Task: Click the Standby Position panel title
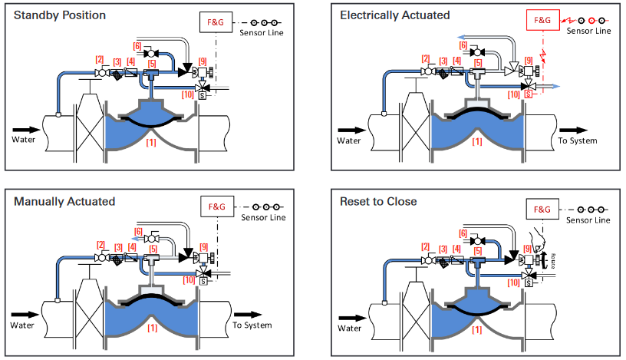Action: [59, 15]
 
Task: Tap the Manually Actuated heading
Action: [64, 201]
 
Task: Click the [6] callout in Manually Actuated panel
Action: [138, 231]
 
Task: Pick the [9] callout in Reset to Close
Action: [527, 249]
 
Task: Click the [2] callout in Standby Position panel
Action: [99, 59]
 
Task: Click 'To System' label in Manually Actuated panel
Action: [252, 325]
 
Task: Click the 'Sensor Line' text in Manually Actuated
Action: [262, 218]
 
